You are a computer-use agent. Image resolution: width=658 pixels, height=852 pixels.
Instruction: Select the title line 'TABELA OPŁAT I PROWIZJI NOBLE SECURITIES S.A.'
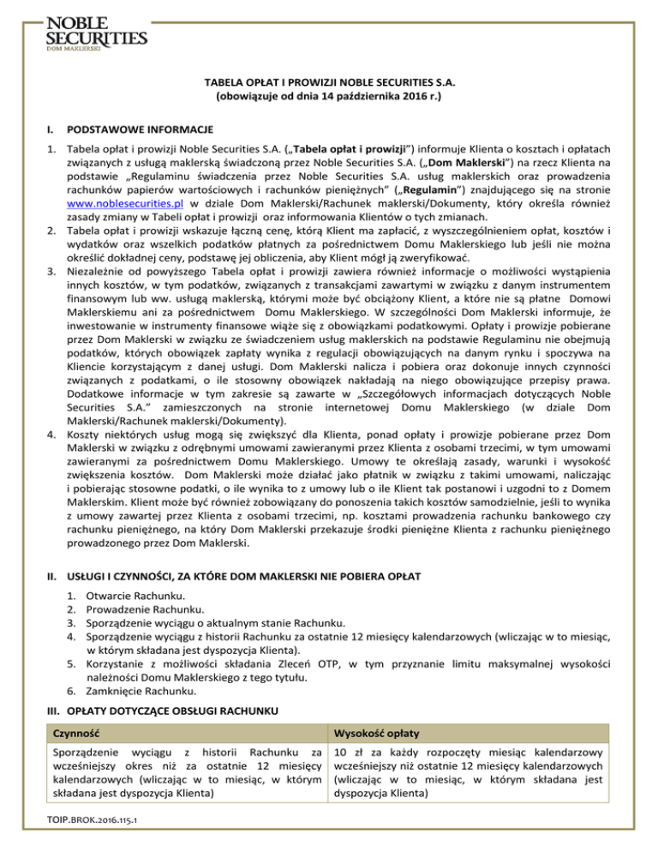[x=329, y=84]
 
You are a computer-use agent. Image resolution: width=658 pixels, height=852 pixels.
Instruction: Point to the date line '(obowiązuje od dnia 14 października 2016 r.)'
[x=329, y=99]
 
